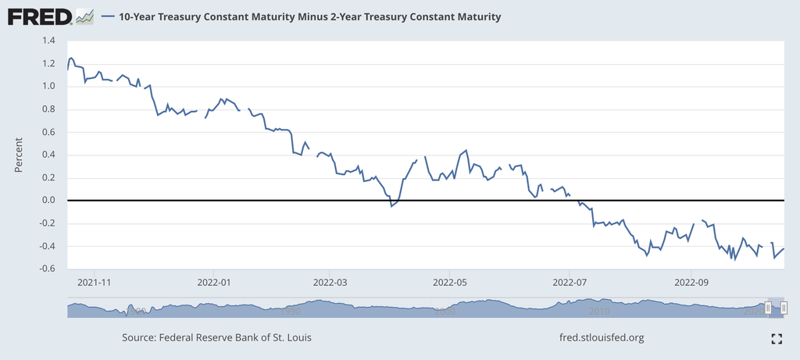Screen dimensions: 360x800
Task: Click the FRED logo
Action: (x=40, y=16)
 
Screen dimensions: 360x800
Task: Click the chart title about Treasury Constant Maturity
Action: (x=309, y=16)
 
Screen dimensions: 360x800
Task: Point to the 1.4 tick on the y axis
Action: (x=48, y=41)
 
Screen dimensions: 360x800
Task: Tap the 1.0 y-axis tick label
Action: (x=48, y=87)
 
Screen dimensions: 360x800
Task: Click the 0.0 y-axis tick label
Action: (x=48, y=201)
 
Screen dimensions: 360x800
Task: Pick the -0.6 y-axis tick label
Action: (x=47, y=269)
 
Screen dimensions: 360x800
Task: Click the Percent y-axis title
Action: (x=19, y=155)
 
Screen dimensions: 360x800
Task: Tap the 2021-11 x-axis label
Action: (x=95, y=282)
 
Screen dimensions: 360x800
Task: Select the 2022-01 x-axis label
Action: (x=215, y=282)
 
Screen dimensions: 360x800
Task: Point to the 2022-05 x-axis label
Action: (x=449, y=282)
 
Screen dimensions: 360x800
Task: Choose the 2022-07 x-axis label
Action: (x=570, y=282)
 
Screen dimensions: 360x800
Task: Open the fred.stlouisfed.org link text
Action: (x=602, y=338)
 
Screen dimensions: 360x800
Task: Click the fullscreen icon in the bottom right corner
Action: (x=777, y=338)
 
